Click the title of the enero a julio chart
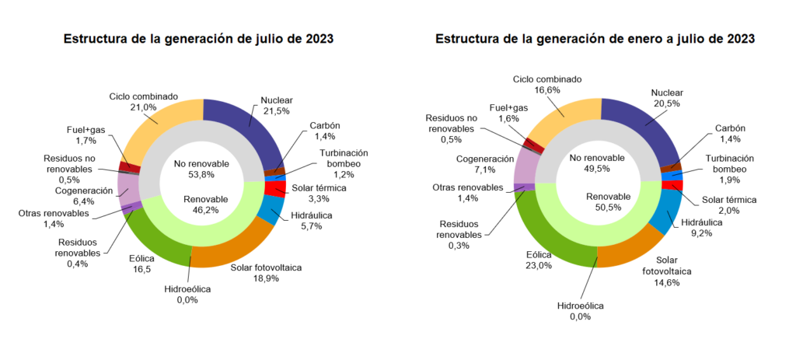[x=595, y=38]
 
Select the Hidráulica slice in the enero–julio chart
[x=665, y=213]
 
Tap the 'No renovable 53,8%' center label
[x=201, y=169]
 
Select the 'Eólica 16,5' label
[x=141, y=264]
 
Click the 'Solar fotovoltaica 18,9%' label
[x=266, y=273]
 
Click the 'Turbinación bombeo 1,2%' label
[x=342, y=159]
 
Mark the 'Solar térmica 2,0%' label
[x=728, y=205]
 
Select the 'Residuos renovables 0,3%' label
[x=463, y=234]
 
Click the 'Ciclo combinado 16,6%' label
[x=547, y=84]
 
